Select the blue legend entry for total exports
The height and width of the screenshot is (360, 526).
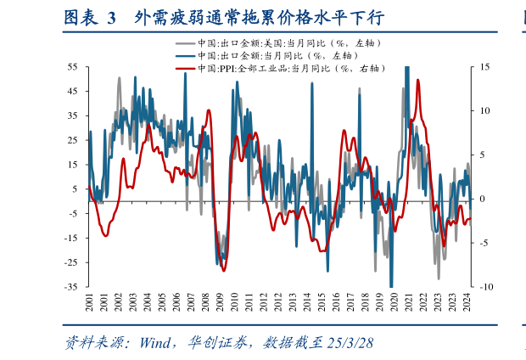[263, 55]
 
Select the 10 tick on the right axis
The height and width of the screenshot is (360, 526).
[484, 110]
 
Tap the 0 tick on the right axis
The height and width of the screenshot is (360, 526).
[483, 199]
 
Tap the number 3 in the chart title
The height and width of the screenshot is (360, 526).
[111, 18]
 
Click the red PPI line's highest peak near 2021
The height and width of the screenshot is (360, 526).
[414, 82]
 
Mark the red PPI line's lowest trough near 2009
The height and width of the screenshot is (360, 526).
[223, 270]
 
